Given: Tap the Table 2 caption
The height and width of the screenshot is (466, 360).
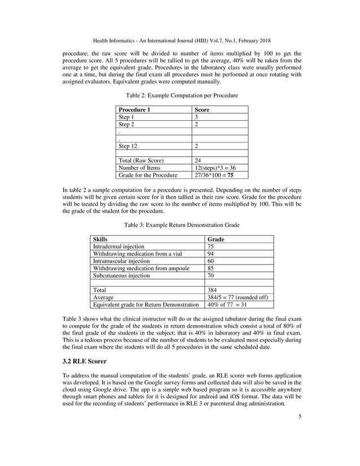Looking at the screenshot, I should coord(181,95).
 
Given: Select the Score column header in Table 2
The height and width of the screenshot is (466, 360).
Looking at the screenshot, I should coord(201,109).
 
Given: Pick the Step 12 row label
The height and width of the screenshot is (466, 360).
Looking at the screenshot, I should coord(127,146).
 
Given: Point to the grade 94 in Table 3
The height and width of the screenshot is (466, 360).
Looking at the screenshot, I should coord(211,254).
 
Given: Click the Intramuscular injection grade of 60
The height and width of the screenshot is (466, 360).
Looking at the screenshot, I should coord(211,261).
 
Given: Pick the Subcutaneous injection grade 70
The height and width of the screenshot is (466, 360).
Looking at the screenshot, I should coord(211,276).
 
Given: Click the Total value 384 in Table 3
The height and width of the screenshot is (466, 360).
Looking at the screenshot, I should coord(213,290).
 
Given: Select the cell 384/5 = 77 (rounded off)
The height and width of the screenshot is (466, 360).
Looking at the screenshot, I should coord(238,297).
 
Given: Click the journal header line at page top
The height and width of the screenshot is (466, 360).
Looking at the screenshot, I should coord(181,41).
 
